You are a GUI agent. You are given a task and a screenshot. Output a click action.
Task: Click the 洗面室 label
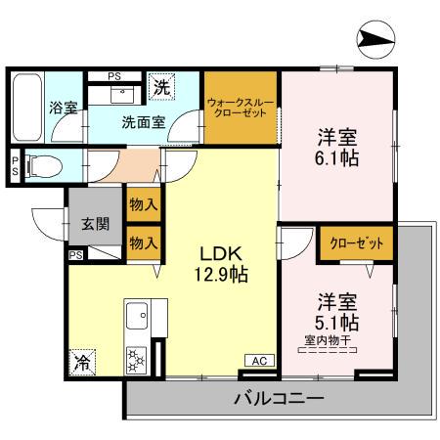(143, 123)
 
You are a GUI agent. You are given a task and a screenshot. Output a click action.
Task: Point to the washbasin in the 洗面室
(123, 93)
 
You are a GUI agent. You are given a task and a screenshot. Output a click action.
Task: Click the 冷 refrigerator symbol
(82, 361)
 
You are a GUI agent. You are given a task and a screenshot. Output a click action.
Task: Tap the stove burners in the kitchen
(135, 360)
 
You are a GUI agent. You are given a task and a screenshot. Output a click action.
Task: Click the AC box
(260, 360)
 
